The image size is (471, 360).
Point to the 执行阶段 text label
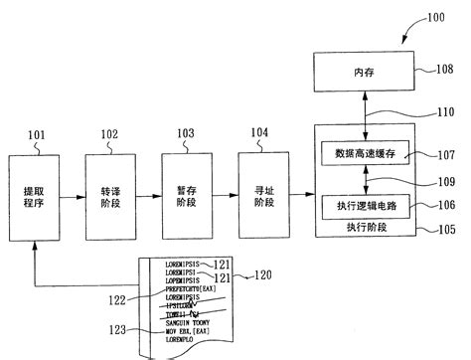coord(369,229)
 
